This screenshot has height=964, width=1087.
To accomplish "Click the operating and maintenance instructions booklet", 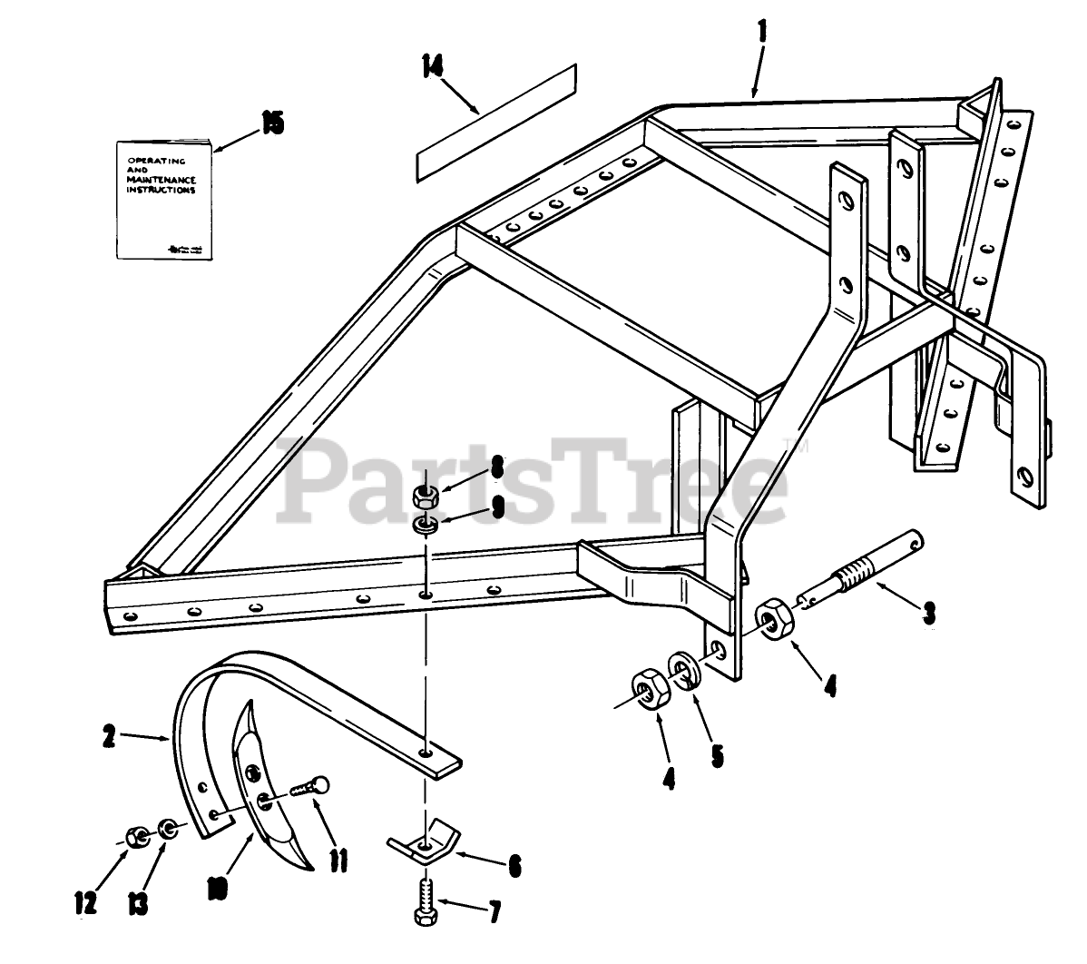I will click(x=164, y=197).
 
